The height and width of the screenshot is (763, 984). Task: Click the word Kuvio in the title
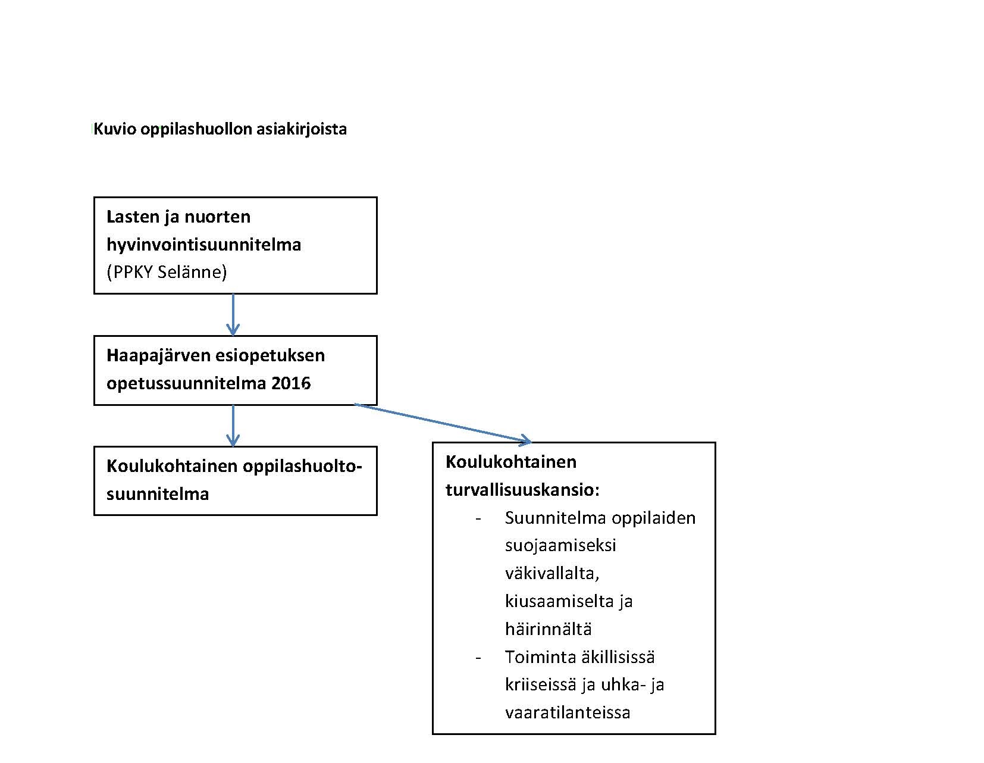115,129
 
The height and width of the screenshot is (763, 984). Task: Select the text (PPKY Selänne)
167,272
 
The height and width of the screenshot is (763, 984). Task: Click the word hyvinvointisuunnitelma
203,244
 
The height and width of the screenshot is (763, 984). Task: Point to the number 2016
291,383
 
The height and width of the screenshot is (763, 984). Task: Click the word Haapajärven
157,355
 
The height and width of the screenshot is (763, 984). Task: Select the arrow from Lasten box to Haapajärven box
233,314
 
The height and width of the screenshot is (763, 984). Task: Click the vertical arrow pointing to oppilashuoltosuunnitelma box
233,426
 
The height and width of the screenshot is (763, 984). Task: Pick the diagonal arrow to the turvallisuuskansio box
443,423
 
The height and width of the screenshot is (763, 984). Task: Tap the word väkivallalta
551,573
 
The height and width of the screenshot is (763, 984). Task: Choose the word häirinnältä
548,628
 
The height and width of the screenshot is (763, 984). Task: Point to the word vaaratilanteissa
567,712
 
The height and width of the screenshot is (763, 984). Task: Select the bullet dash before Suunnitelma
478,518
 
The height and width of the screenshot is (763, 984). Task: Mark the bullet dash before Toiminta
478,657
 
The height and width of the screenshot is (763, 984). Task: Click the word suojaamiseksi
560,545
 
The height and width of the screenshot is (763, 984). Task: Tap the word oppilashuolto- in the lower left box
302,466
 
